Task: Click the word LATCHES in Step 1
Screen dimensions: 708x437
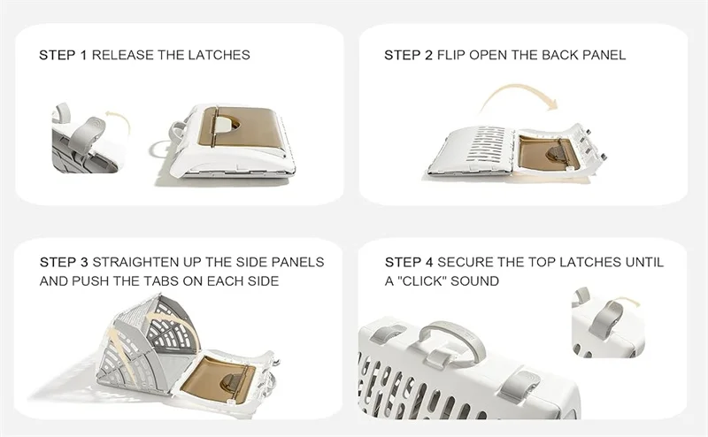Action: tap(219, 55)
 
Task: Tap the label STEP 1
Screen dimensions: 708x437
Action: tap(62, 55)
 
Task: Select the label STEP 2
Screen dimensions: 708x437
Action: tap(408, 55)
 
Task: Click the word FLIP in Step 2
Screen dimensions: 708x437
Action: tap(451, 55)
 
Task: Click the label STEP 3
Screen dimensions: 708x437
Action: tap(64, 262)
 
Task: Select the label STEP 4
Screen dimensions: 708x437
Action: tap(409, 262)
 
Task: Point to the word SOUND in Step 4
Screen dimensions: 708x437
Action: tap(474, 280)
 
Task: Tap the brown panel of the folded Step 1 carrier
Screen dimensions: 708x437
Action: tap(240, 126)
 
